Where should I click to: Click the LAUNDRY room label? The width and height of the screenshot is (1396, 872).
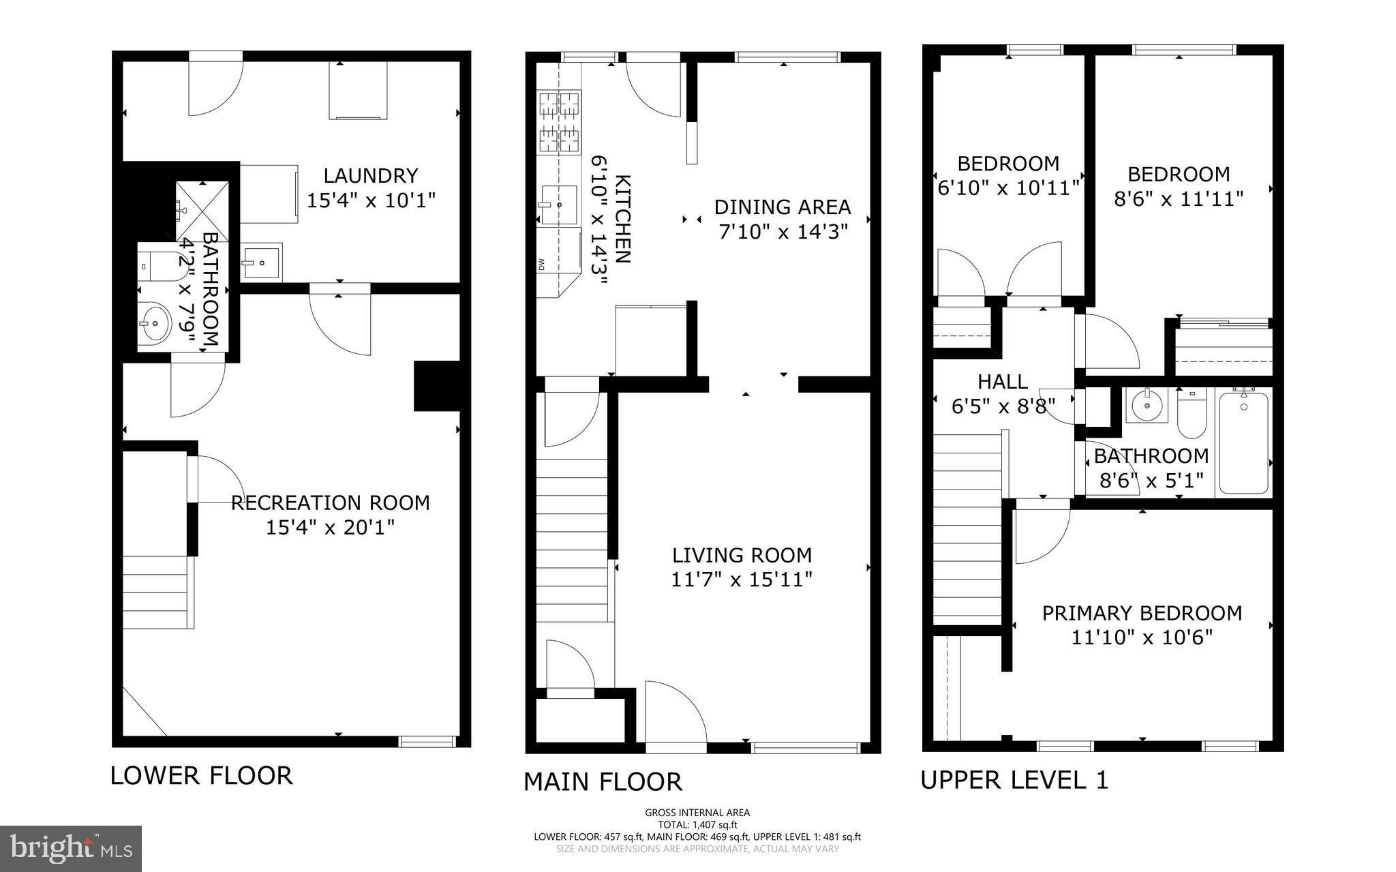point(370,176)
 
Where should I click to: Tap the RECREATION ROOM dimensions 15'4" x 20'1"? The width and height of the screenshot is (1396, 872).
point(330,528)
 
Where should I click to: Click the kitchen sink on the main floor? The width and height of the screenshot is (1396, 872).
point(558,205)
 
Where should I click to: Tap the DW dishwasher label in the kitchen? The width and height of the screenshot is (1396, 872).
point(541,262)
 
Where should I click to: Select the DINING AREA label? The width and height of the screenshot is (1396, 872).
point(783,207)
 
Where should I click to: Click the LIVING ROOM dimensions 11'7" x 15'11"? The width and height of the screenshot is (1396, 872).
point(742,580)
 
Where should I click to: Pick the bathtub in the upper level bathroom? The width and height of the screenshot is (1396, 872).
point(1243,442)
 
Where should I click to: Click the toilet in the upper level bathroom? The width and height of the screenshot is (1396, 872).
point(1191,415)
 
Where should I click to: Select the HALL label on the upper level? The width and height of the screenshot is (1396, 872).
point(1003,381)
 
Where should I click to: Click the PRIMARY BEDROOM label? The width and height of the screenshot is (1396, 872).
point(1142,613)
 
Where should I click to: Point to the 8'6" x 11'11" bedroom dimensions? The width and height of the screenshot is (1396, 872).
point(1179,199)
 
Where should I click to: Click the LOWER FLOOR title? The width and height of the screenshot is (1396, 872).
point(201,776)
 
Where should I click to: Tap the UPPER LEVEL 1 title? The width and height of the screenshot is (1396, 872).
point(1014,780)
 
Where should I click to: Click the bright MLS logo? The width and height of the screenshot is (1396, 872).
point(71,848)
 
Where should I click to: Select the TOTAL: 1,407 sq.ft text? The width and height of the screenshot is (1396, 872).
point(697,824)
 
